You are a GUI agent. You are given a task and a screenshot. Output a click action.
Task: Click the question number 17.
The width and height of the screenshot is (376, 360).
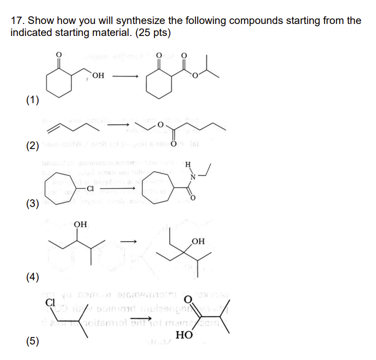click(x=17, y=21)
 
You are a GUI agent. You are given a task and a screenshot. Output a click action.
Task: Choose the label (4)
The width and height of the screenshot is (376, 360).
click(x=33, y=276)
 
